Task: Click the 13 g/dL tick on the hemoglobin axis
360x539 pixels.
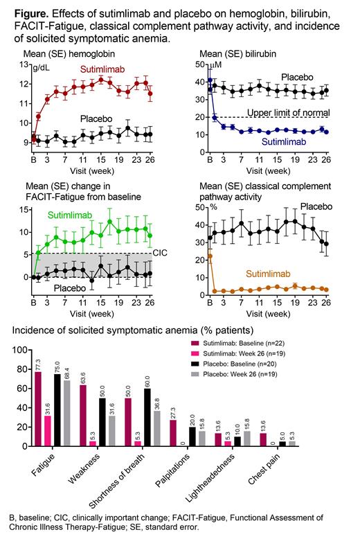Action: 23,65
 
